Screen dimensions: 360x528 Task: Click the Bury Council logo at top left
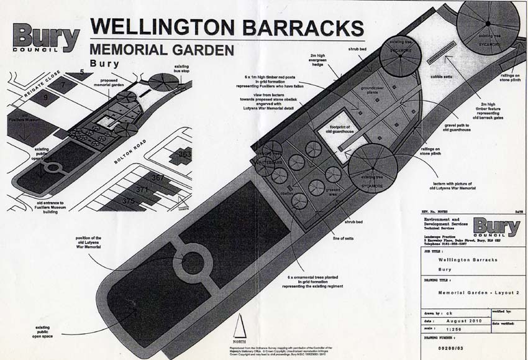(45, 37)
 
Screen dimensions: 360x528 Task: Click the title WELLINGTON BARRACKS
(227, 27)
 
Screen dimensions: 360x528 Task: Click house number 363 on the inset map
(184, 154)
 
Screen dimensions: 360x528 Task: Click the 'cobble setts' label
(442, 77)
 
